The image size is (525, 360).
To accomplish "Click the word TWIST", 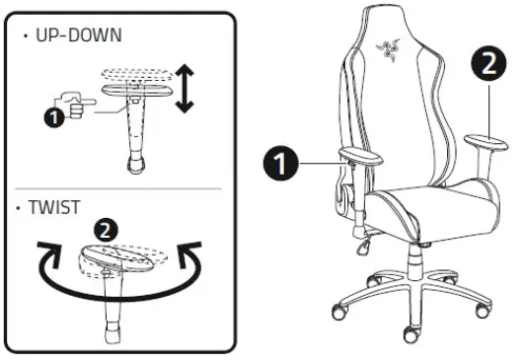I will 55,209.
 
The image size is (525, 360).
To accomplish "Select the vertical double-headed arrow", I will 183,89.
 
